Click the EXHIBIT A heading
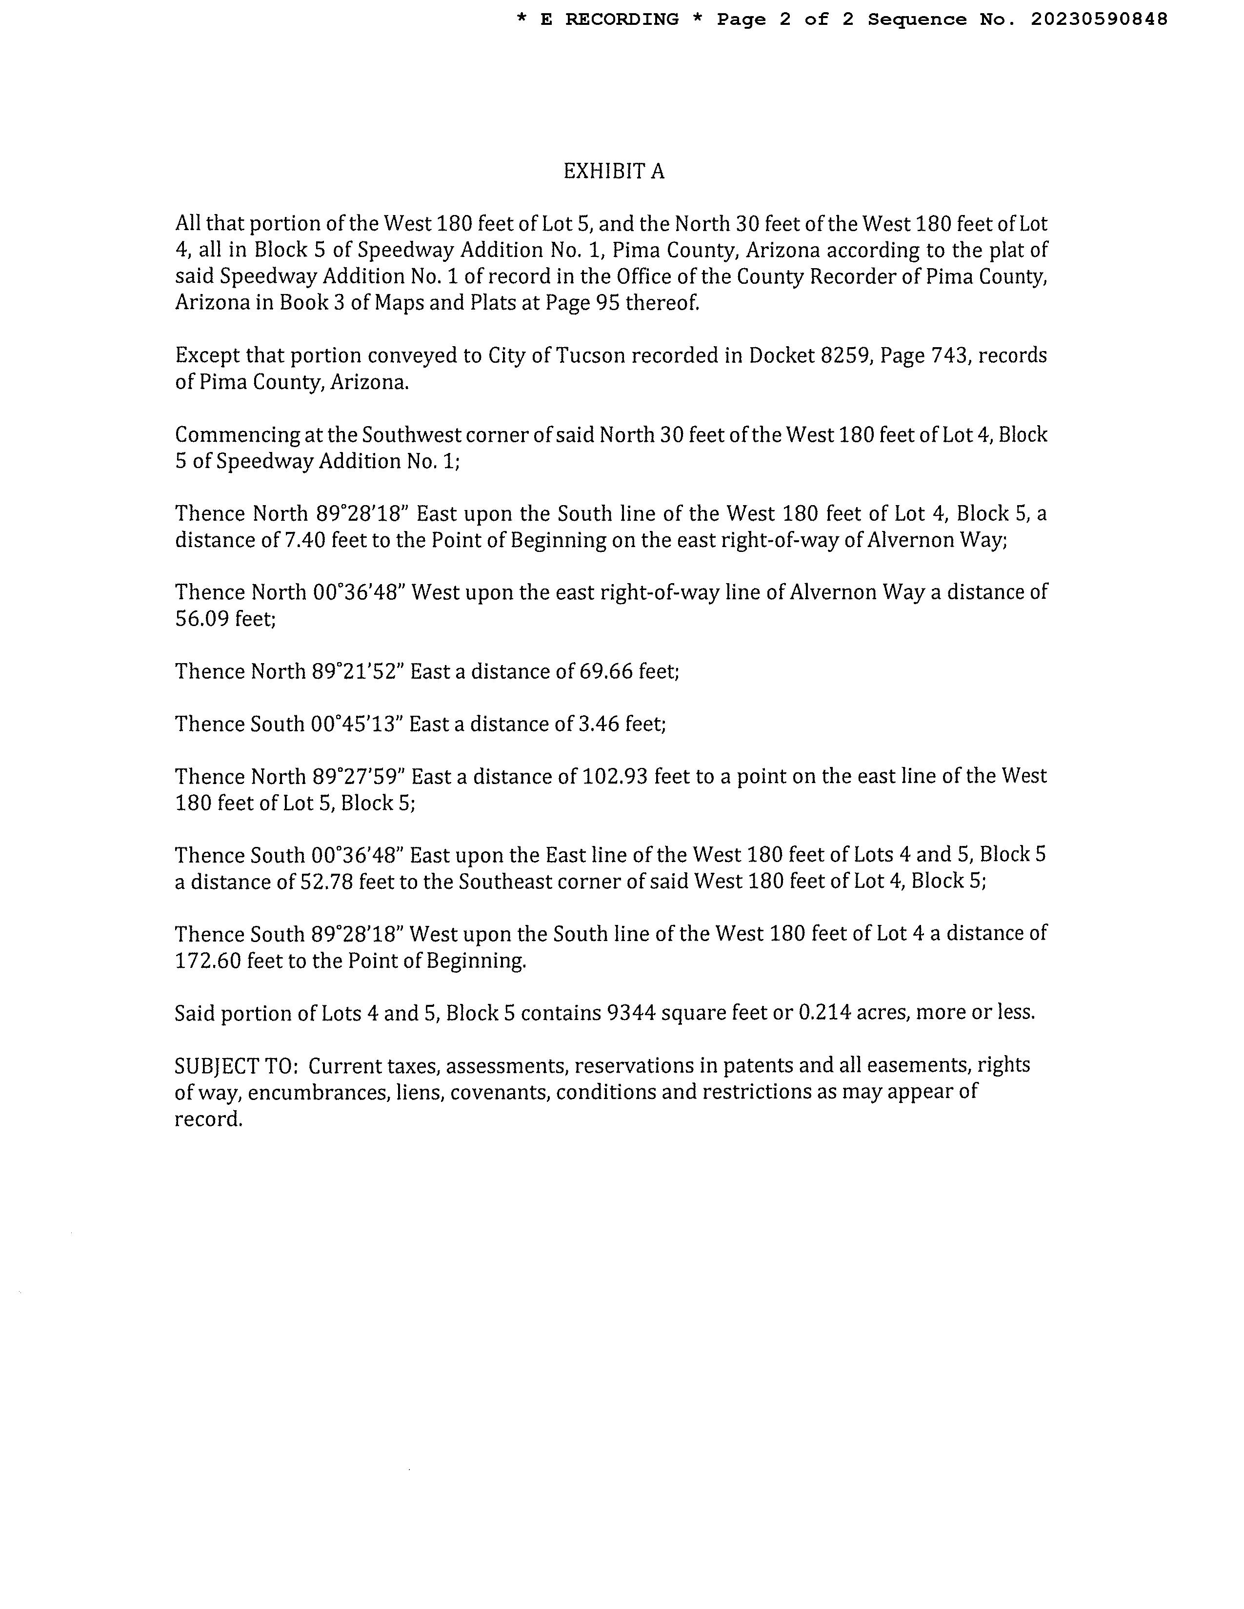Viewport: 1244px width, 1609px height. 613,172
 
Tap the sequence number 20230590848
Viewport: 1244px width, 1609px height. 1098,20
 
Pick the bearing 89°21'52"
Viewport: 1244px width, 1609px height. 357,672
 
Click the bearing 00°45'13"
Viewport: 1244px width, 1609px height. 356,724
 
